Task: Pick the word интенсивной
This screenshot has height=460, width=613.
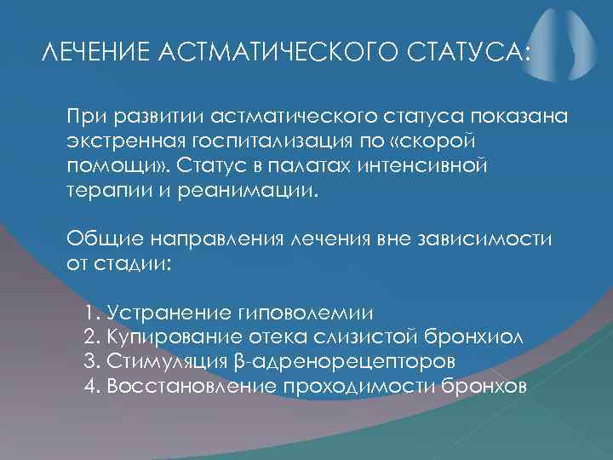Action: [x=433, y=163]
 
